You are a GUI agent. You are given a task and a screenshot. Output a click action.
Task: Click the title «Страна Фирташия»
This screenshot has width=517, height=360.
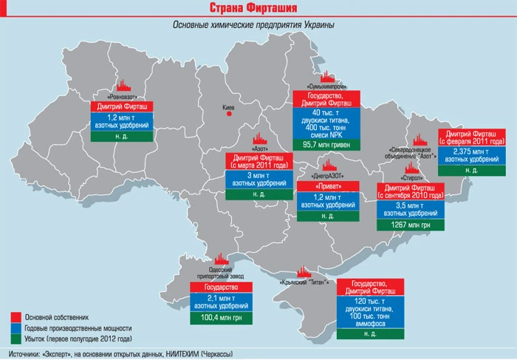[258, 9]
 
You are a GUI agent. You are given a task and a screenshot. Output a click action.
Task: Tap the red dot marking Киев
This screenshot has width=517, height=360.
[230, 115]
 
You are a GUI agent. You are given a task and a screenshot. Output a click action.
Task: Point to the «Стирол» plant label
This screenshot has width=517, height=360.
[414, 178]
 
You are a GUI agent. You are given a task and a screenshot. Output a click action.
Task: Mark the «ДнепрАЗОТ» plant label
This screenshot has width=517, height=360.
[326, 176]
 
